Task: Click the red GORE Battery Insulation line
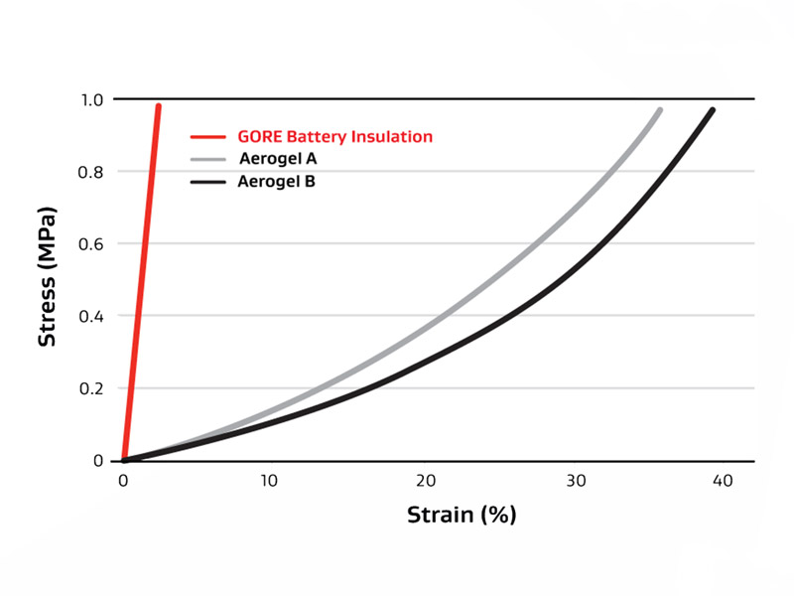(x=141, y=278)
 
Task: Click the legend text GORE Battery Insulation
(x=335, y=137)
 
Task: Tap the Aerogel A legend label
(x=278, y=159)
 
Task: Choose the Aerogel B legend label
(x=277, y=182)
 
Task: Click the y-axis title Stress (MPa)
(x=47, y=277)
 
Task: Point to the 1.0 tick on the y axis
(x=92, y=99)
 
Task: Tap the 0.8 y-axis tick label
(x=92, y=172)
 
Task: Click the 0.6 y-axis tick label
(x=92, y=244)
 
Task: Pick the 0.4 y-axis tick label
(x=92, y=316)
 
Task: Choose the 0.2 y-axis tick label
(x=92, y=388)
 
